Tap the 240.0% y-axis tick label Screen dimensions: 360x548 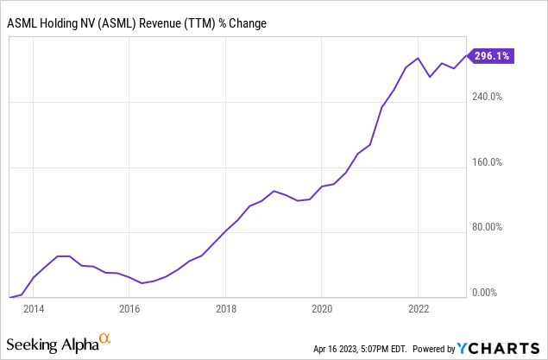click(484, 97)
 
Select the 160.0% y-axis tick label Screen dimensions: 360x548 click(484, 162)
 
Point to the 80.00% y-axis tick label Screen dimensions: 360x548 click(484, 228)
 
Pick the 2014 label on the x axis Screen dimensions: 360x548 click(34, 308)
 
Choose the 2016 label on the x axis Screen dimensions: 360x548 click(129, 308)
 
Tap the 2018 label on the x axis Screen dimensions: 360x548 click(226, 308)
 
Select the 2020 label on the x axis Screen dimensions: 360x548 click(322, 308)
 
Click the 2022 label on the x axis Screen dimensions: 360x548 click(419, 308)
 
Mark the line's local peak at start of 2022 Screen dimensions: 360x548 click(418, 59)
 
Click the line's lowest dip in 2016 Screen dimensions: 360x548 click(142, 283)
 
